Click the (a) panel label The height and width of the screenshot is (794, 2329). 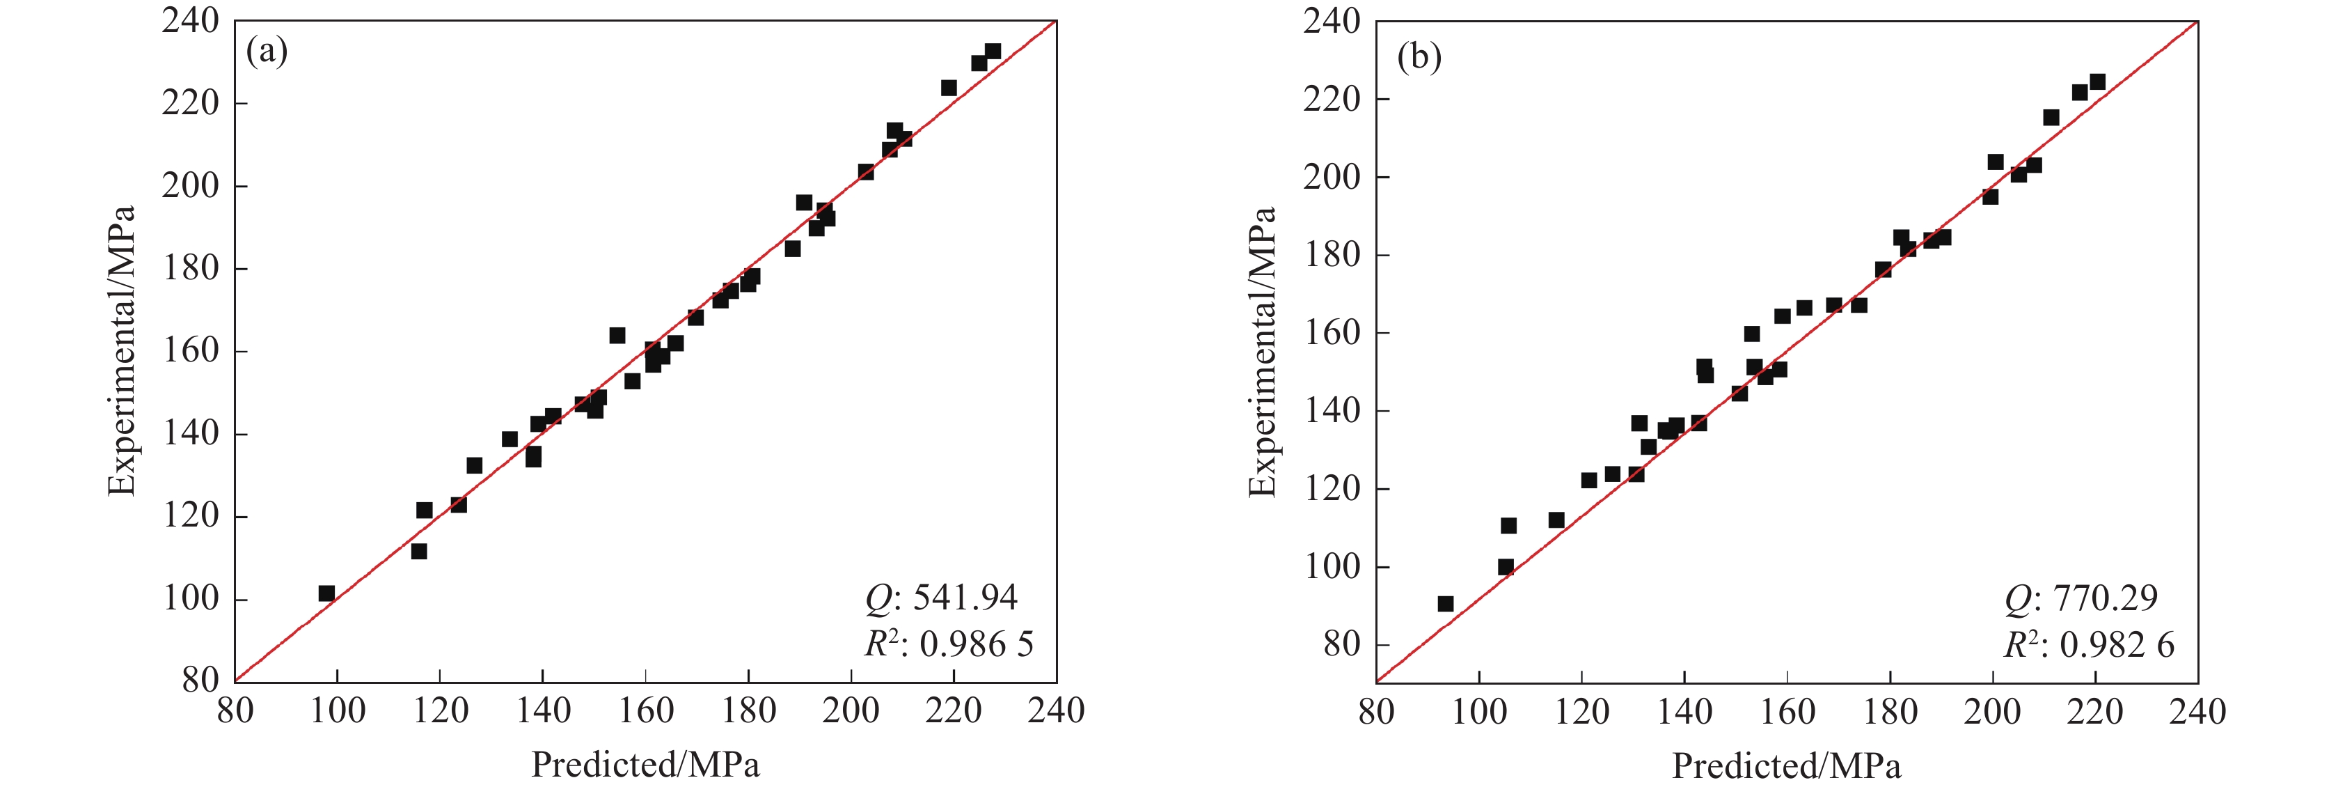[267, 52]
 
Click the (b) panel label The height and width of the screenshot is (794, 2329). [1419, 58]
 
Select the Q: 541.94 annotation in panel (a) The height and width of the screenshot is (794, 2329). [941, 598]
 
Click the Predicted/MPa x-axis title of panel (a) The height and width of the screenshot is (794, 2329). [645, 765]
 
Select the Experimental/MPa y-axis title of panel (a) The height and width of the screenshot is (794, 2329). [121, 351]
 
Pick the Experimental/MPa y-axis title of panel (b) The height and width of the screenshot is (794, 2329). [1262, 352]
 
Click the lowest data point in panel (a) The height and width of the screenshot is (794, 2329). [326, 593]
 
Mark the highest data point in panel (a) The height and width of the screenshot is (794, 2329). [993, 52]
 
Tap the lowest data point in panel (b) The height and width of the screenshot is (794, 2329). [1446, 604]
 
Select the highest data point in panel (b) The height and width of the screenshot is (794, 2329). [2097, 82]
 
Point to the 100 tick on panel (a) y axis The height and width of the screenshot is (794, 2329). [191, 599]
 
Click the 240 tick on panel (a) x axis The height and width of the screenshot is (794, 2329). [1056, 712]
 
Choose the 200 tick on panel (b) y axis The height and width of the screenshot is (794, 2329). [1331, 177]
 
